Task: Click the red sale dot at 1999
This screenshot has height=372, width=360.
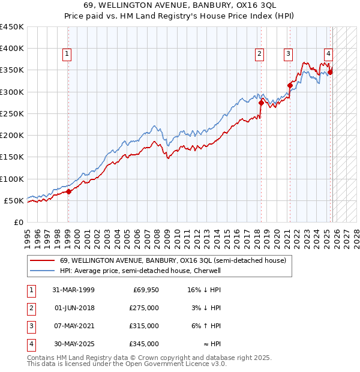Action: [x=68, y=191]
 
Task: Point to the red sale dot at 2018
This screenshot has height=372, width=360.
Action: [x=261, y=103]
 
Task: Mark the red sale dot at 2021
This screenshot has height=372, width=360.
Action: [x=290, y=85]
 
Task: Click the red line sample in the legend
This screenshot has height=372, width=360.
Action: [x=43, y=260]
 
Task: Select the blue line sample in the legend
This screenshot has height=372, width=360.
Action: [x=43, y=271]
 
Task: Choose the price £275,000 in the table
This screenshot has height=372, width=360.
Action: [x=145, y=308]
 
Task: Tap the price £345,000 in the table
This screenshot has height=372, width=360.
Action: [x=145, y=344]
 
